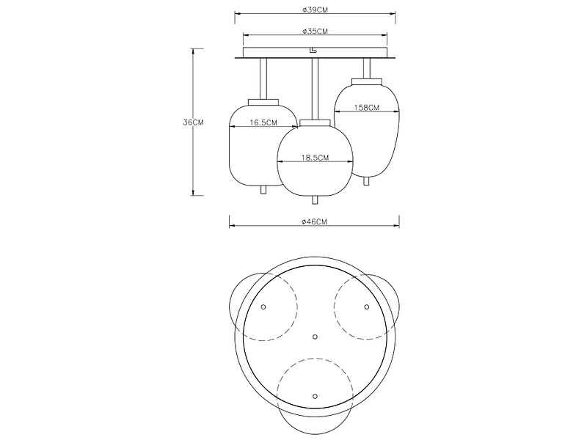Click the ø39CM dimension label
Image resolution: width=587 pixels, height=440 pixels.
tap(316, 10)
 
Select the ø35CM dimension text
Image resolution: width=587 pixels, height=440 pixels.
tap(316, 31)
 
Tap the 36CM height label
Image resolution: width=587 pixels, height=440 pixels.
tap(193, 122)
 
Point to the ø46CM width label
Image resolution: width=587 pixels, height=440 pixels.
tap(315, 222)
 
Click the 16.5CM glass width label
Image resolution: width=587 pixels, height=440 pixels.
tap(263, 122)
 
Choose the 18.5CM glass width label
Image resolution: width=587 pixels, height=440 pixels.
tap(316, 158)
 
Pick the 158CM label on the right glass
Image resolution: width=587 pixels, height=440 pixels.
tap(366, 108)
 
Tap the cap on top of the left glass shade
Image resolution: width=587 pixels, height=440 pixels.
tap(263, 102)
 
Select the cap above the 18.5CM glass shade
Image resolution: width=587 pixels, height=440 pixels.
tap(316, 122)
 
